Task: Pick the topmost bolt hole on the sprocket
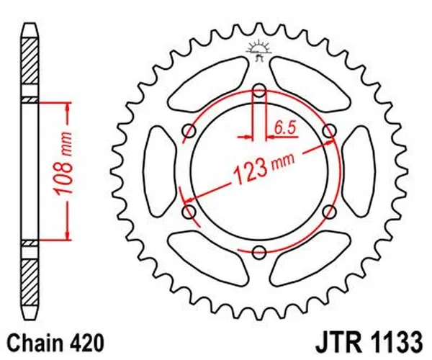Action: pos(259,91)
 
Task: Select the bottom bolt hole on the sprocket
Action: pos(259,251)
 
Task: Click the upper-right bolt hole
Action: pos(329,131)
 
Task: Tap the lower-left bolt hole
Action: pos(190,211)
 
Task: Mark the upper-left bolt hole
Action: pos(190,131)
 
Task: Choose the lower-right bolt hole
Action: pos(329,211)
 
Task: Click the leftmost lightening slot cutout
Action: pos(157,171)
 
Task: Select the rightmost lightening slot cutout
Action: pos(361,171)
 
